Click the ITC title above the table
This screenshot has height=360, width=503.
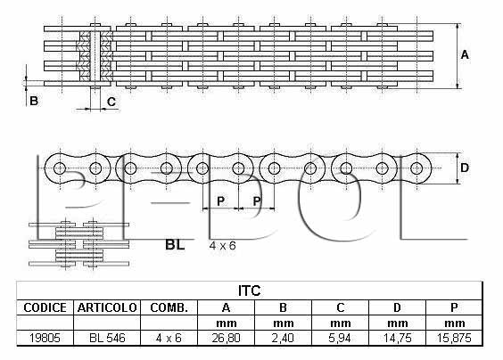(249, 290)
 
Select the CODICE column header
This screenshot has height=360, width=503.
(45, 307)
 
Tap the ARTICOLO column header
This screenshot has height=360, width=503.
(107, 307)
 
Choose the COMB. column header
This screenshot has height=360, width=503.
(169, 307)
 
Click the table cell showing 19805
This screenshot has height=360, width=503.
(45, 338)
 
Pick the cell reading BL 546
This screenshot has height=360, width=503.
(107, 338)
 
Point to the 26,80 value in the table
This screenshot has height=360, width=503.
(226, 338)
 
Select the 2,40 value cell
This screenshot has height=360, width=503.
(283, 338)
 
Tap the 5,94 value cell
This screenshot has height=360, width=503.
(340, 338)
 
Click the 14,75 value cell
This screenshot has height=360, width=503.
(397, 338)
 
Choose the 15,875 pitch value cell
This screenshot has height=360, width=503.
(454, 338)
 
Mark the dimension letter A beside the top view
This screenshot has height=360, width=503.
(465, 55)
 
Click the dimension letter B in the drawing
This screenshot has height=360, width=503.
(34, 101)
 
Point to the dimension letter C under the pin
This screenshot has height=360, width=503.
(111, 102)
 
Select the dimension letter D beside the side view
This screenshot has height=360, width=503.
(465, 168)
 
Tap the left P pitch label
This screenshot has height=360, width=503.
(220, 201)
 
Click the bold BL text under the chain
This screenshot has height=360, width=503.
(175, 245)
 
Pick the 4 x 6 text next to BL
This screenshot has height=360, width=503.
(222, 246)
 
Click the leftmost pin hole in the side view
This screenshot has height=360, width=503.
(60, 168)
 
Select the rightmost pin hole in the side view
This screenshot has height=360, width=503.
(416, 168)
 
